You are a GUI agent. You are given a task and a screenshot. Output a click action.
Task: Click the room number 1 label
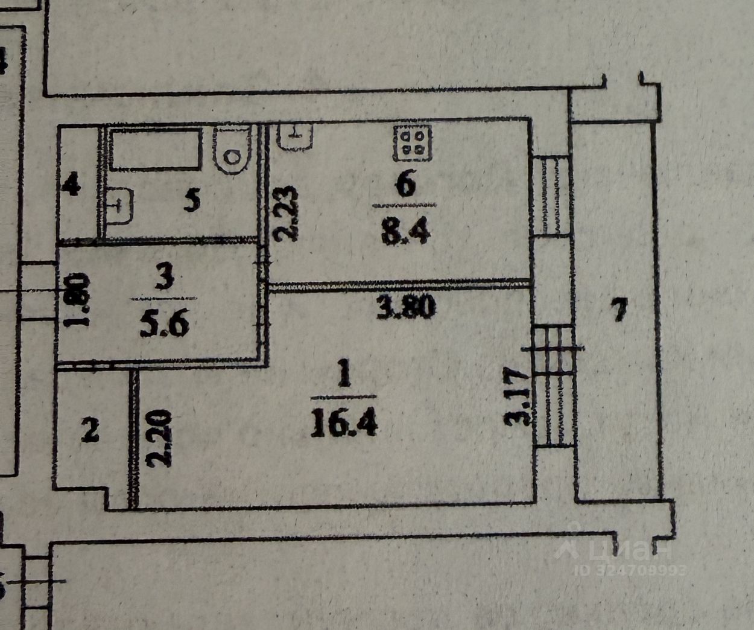click(x=344, y=378)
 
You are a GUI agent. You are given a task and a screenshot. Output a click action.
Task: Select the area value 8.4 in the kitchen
click(x=405, y=229)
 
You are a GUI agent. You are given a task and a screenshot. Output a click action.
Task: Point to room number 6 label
click(x=405, y=185)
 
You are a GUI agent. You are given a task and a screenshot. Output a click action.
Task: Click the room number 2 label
click(x=90, y=431)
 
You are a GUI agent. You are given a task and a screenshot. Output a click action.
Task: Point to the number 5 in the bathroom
click(x=192, y=201)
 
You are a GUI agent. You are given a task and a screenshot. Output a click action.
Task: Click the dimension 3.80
click(x=405, y=308)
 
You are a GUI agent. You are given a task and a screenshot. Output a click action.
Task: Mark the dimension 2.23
click(x=288, y=213)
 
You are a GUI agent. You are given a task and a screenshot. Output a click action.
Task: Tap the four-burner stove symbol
click(x=413, y=143)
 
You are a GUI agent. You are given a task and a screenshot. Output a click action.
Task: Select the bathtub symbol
click(x=156, y=149)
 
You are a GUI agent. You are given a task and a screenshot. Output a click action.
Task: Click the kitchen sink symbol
click(x=295, y=136)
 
